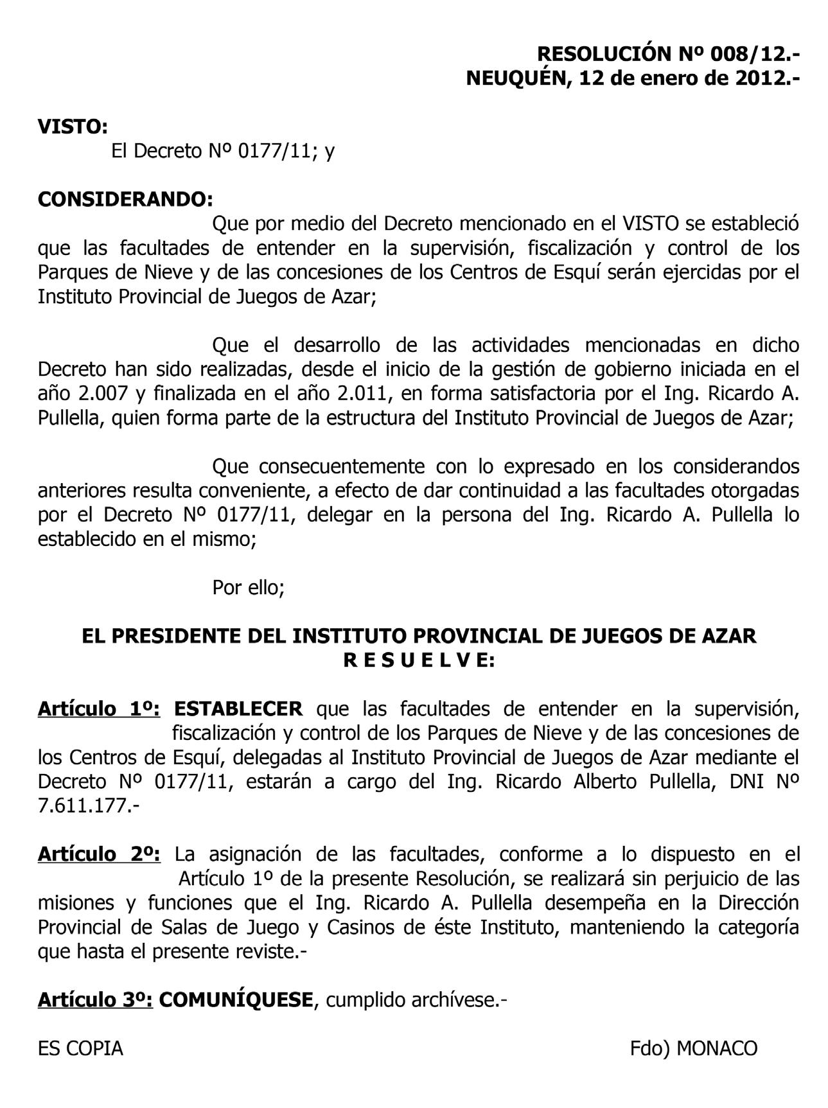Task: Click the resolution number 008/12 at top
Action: (746, 53)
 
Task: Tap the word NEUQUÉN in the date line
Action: (517, 78)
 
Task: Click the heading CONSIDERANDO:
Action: (125, 199)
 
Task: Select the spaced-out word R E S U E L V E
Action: (418, 660)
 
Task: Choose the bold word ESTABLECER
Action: (238, 709)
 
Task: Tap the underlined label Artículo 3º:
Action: (95, 999)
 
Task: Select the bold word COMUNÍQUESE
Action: (235, 999)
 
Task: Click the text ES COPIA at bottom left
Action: (80, 1048)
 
